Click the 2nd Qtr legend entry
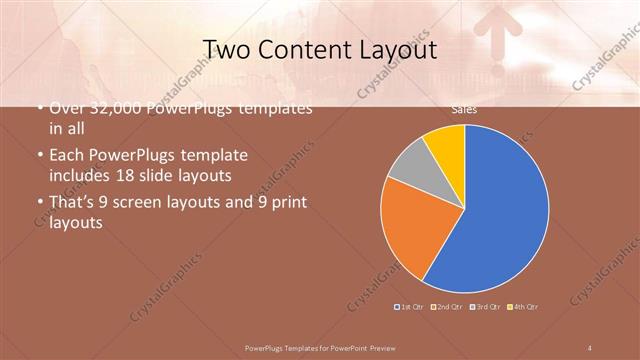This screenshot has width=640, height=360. (x=448, y=306)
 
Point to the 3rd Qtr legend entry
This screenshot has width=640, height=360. (x=487, y=306)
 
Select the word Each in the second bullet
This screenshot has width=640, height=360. (x=67, y=156)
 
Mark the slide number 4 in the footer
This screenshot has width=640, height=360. (x=590, y=347)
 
